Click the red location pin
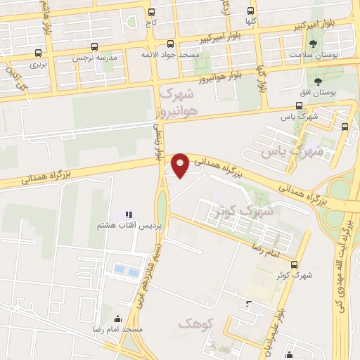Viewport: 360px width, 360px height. pos(181,164)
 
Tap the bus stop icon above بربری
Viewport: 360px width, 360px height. pos(37,53)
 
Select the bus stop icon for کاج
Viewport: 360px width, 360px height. pos(152,12)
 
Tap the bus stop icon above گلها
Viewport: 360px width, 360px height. pos(251,11)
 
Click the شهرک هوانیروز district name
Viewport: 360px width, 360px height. pos(179,101)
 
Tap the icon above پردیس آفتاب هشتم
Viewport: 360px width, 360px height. pos(128,214)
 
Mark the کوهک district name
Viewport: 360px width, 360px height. pos(194,323)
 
